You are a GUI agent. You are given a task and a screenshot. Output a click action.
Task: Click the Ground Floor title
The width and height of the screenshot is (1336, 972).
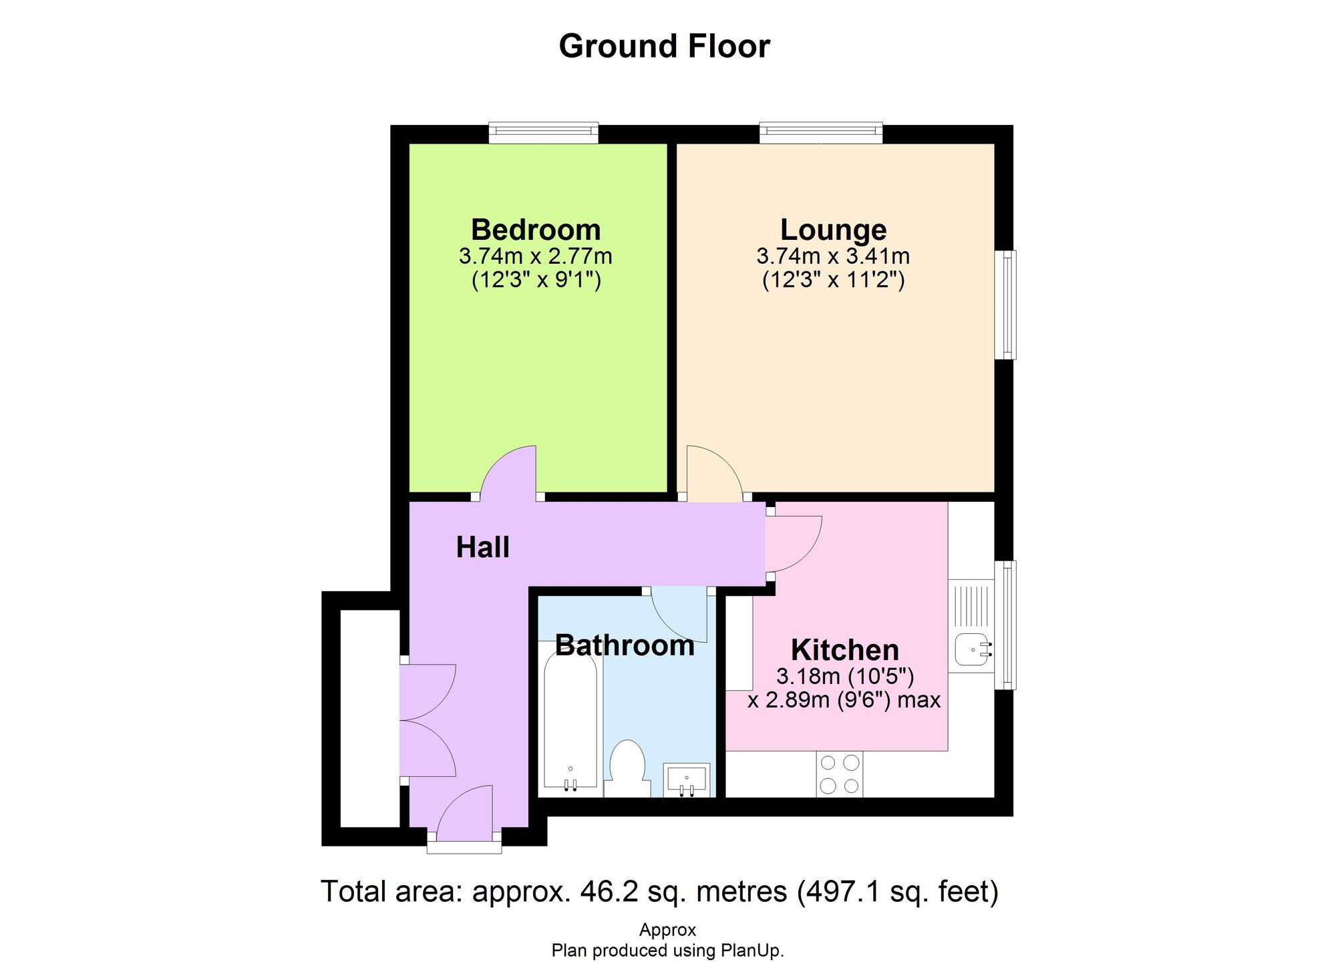pyautogui.click(x=664, y=46)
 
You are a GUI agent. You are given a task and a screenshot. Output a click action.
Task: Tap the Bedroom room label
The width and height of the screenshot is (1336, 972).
pyautogui.click(x=536, y=230)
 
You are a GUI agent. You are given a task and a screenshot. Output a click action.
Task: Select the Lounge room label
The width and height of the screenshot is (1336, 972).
pyautogui.click(x=833, y=230)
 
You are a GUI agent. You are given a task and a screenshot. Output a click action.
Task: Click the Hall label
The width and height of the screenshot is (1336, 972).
pyautogui.click(x=482, y=547)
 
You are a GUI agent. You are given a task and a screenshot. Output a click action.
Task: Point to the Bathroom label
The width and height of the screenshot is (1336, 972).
pyautogui.click(x=625, y=645)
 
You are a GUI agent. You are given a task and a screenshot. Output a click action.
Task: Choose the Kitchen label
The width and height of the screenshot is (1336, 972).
pyautogui.click(x=844, y=649)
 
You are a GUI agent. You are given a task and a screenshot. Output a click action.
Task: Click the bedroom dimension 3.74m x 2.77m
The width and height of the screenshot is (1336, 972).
pyautogui.click(x=536, y=256)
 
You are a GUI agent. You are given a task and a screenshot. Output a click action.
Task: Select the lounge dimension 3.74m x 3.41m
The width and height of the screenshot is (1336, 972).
pyautogui.click(x=833, y=256)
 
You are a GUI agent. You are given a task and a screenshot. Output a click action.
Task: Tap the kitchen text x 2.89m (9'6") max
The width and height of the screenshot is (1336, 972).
pyautogui.click(x=844, y=700)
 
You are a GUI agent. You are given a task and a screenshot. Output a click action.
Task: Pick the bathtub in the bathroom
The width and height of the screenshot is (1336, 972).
pyautogui.click(x=570, y=721)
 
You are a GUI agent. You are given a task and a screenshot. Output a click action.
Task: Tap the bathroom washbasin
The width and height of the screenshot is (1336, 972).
pyautogui.click(x=686, y=780)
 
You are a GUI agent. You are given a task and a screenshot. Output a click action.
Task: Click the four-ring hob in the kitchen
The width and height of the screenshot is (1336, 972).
pyautogui.click(x=839, y=774)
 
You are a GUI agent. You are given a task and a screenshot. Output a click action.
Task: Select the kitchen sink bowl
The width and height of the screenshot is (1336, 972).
pyautogui.click(x=973, y=649)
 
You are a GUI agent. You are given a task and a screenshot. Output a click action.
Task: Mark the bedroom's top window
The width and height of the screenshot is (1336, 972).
pyautogui.click(x=543, y=132)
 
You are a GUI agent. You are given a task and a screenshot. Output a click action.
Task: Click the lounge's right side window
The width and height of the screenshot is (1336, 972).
pyautogui.click(x=1005, y=305)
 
